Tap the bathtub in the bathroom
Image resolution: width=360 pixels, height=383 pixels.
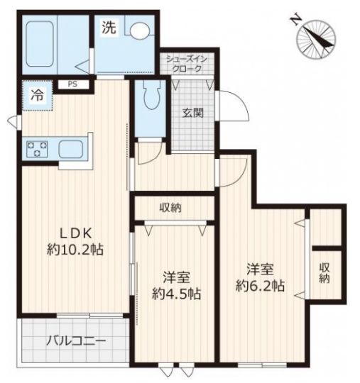tap(40, 43)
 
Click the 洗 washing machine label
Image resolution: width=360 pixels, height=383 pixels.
tap(109, 27)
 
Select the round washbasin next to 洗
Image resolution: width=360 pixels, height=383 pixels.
tap(139, 30)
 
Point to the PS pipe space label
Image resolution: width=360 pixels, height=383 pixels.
tap(72, 84)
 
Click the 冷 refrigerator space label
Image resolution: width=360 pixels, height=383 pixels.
tap(38, 95)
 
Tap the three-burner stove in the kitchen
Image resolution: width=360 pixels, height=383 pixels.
tap(37, 149)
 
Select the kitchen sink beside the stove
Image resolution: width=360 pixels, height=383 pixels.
tap(71, 149)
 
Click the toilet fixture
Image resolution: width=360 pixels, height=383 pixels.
tap(152, 96)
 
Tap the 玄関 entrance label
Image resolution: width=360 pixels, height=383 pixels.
tap(193, 113)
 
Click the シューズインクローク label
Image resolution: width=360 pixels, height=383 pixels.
tap(187, 64)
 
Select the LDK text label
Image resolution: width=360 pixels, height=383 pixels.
tap(76, 233)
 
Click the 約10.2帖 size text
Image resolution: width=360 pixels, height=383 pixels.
tap(75, 250)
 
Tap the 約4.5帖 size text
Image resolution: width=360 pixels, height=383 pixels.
tap(177, 294)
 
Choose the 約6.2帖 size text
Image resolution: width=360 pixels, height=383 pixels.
tap(260, 285)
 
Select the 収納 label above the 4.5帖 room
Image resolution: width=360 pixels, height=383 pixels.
tap(170, 208)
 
